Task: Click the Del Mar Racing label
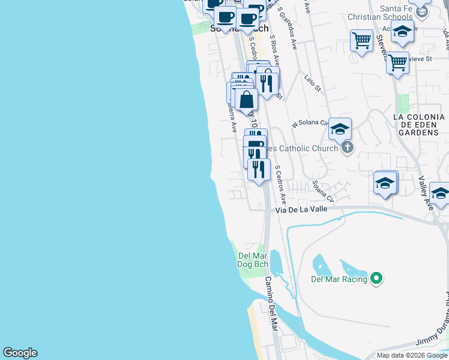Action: click(340, 278)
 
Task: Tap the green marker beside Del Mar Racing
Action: click(376, 278)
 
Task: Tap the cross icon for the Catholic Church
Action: click(347, 148)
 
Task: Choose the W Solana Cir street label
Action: click(310, 123)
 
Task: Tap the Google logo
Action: click(20, 353)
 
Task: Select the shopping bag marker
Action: click(246, 100)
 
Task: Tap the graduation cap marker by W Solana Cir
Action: click(340, 128)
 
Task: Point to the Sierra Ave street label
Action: click(231, 119)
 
